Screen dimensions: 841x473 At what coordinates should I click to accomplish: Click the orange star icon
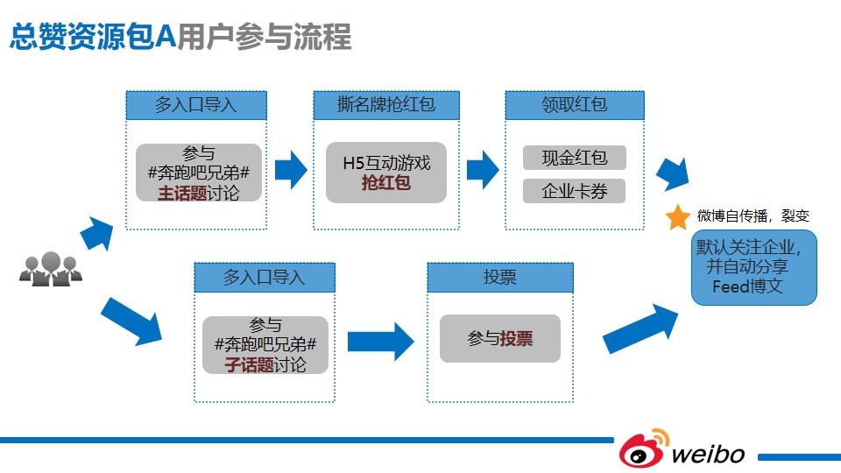pos(677,217)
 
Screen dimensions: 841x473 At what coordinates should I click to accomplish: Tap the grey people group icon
pos(51,269)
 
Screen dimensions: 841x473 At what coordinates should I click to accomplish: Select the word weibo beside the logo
pos(708,455)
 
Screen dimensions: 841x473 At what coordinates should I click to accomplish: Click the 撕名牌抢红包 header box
pos(386,104)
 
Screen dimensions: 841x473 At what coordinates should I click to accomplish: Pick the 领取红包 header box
pos(575,104)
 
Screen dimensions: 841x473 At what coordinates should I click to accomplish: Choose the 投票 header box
pos(500,278)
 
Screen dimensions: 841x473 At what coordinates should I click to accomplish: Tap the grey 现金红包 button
pos(575,158)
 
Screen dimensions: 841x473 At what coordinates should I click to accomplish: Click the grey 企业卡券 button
pos(575,191)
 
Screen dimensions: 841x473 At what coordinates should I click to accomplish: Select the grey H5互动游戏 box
pos(386,173)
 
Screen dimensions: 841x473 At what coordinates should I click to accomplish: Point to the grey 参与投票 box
pos(500,338)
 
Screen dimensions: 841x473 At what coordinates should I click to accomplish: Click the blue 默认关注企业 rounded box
pos(754,268)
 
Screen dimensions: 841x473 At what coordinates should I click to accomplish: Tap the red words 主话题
pos(182,193)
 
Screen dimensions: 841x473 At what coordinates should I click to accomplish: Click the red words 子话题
pos(250,365)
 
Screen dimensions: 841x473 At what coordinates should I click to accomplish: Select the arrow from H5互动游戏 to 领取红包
pos(483,170)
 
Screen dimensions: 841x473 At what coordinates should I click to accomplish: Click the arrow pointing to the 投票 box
pos(381,342)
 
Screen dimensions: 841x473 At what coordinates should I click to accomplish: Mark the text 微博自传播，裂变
pos(753,216)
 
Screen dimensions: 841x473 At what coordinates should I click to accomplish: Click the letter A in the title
pos(166,37)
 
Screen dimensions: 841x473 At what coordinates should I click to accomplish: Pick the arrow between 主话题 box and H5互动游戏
pos(291,170)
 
